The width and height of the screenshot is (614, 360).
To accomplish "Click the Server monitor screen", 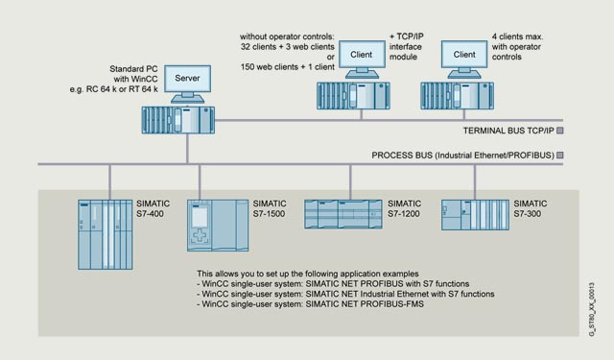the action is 188,79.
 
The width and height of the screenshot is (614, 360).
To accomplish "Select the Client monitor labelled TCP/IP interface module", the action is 362,55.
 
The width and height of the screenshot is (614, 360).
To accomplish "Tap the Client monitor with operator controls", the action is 464,55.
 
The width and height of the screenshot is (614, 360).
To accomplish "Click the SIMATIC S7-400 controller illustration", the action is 106,234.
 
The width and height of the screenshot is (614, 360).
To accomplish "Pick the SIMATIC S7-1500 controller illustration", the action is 218,226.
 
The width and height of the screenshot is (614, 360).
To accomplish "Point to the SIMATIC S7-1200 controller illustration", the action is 343,214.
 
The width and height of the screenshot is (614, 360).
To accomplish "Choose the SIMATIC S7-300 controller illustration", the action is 476,215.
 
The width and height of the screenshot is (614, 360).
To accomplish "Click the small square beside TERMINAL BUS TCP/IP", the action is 560,131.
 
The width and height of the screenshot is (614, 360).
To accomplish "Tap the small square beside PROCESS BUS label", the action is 560,156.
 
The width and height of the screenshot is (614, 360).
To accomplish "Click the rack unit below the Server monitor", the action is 178,120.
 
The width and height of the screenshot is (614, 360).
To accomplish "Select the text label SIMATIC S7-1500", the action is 270,208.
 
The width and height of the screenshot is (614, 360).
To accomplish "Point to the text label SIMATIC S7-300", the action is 531,208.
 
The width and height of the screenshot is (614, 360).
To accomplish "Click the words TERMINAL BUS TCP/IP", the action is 508,131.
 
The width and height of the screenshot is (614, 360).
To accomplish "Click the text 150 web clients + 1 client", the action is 288,67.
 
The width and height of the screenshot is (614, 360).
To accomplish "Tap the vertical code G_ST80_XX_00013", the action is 592,309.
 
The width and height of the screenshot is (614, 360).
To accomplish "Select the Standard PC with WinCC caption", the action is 133,74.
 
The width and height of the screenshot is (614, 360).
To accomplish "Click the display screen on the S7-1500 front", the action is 200,217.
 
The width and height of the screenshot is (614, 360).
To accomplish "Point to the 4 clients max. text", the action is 517,36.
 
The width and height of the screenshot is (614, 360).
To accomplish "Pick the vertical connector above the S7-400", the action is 110,182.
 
